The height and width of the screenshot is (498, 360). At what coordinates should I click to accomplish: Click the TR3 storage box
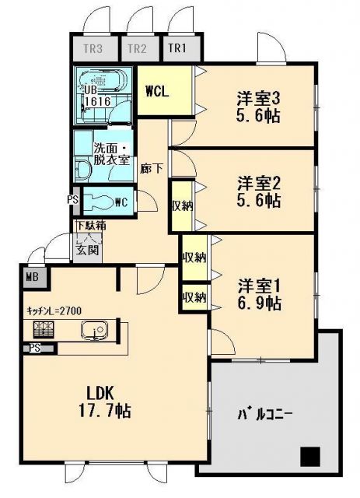(93, 48)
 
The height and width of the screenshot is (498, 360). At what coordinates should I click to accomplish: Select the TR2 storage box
(138, 48)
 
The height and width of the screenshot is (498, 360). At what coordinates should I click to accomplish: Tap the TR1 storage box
(178, 48)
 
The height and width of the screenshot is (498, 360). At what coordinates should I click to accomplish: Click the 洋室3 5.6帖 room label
(260, 107)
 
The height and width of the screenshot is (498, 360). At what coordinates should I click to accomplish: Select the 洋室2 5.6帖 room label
(260, 191)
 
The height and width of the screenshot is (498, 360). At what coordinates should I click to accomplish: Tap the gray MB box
(33, 275)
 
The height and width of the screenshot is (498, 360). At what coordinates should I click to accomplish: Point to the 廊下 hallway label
(152, 167)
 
